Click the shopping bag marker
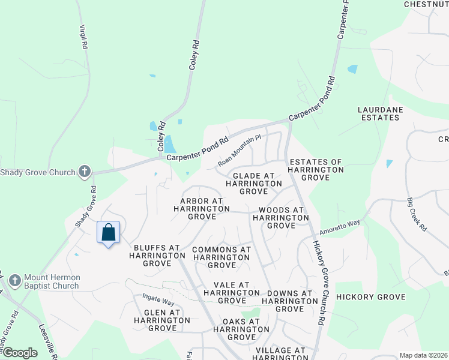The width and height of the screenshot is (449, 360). tap(108, 233)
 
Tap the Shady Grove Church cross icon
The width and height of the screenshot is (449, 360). tap(85, 172)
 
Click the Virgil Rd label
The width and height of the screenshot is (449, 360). tap(83, 37)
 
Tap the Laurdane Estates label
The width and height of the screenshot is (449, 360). tap(378, 113)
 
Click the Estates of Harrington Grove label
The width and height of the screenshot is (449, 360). tap(316, 170)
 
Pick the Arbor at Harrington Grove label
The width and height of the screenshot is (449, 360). tap(202, 205)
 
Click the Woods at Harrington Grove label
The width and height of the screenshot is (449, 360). tap(282, 218)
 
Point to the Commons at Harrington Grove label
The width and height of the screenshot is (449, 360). tap(221, 257)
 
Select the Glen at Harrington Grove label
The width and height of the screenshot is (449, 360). tap(162, 320)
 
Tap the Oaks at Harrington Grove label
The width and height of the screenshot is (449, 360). tap(236, 329)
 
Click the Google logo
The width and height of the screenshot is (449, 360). tap(19, 353)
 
